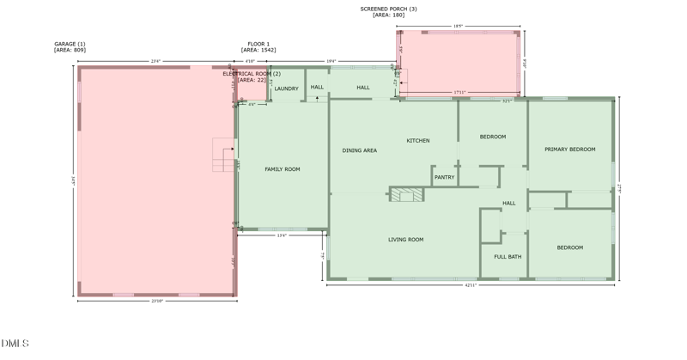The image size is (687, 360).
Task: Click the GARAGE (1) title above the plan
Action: point(70,44)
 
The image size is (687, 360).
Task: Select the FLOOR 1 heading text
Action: point(258,44)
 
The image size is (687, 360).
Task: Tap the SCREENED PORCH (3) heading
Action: point(388,9)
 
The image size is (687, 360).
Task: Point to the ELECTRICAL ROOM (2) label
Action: point(252,74)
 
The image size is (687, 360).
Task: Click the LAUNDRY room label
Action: point(286,88)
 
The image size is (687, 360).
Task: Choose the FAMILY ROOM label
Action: point(282,169)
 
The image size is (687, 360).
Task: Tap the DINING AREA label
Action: point(359,150)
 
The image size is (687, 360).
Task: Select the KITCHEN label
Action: point(418,140)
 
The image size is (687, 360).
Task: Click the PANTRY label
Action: point(444,177)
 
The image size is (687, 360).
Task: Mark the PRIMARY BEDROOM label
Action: point(569,149)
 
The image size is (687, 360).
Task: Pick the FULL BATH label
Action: point(508,257)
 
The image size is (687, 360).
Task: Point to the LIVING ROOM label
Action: point(405,240)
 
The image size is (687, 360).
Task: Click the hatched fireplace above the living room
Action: point(407,195)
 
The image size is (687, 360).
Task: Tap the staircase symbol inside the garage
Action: point(224,155)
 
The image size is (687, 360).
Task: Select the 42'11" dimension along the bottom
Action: point(470,285)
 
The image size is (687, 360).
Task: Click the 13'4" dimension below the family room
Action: point(282,235)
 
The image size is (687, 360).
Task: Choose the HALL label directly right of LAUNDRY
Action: point(317,87)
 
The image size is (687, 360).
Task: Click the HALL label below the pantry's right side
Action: point(508,204)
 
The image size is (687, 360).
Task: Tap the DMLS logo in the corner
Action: point(15,344)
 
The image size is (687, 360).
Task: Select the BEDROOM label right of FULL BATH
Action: point(569,247)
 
